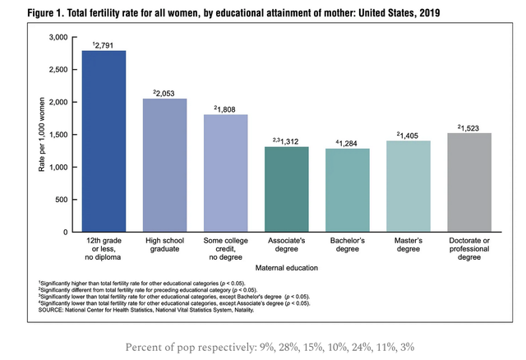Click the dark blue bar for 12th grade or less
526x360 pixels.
(x=104, y=141)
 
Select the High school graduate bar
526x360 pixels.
(x=164, y=165)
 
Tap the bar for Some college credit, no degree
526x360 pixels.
(x=226, y=173)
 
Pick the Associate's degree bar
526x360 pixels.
(x=287, y=189)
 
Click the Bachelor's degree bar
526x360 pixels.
(x=348, y=190)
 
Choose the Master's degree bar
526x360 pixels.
(x=408, y=187)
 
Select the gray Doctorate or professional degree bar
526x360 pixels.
(x=469, y=182)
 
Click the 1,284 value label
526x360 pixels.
(x=348, y=144)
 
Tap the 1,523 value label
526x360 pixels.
(x=469, y=128)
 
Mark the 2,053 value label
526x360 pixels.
(x=165, y=94)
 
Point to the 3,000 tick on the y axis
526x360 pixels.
(x=58, y=37)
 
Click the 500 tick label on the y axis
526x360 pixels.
(x=62, y=200)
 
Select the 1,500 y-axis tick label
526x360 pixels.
(x=58, y=135)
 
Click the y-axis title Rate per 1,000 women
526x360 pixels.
(x=42, y=135)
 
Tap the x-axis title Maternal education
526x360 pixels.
(x=287, y=268)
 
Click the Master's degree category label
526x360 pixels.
(x=408, y=245)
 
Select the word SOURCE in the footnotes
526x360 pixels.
(x=50, y=310)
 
